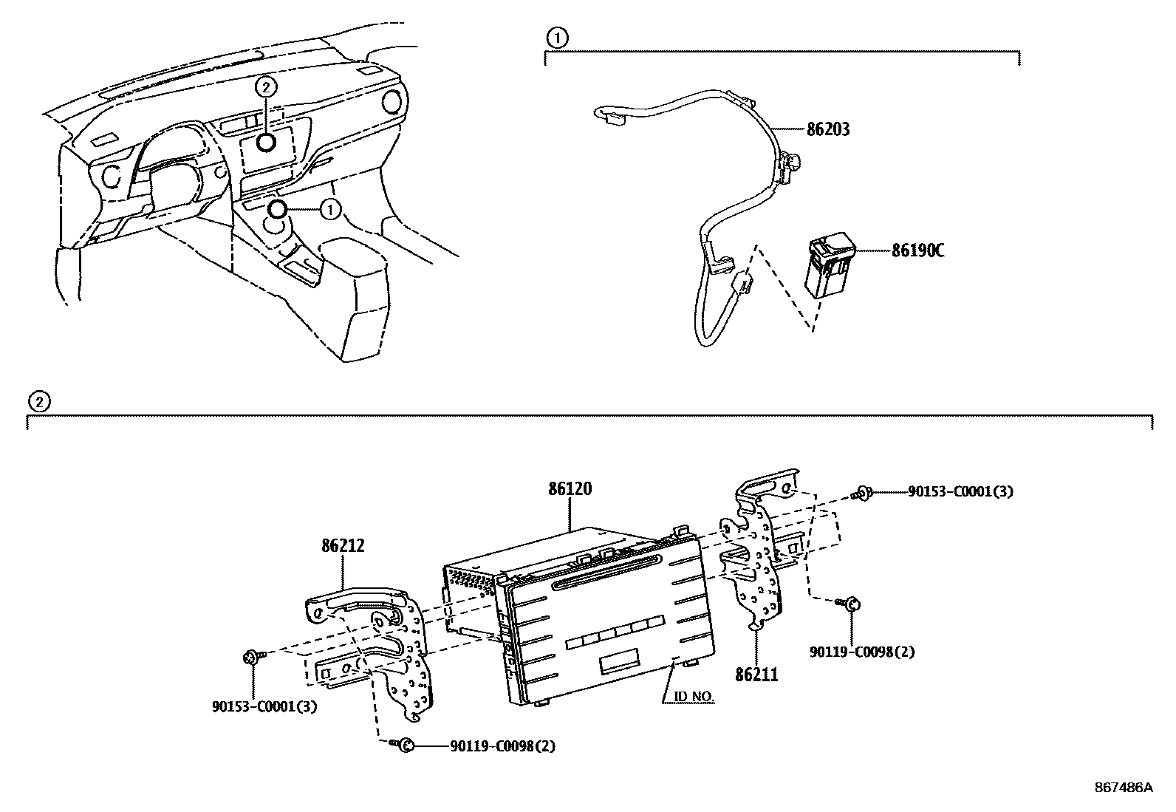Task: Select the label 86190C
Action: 918,250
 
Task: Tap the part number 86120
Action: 570,489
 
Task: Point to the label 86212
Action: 343,546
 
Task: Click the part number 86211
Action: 756,674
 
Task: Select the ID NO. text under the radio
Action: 694,697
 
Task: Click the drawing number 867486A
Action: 1123,788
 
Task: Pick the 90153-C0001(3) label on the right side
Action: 960,491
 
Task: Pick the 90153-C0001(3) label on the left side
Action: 264,706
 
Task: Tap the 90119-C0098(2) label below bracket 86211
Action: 862,652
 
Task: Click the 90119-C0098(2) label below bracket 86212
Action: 502,746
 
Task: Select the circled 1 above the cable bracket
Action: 558,37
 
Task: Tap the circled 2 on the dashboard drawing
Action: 266,87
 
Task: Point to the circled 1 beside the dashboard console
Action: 330,210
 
